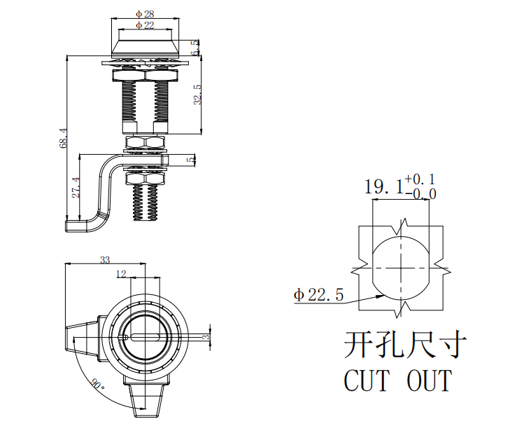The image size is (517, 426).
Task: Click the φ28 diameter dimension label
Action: [146, 14]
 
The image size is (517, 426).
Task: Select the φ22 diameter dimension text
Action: [146, 25]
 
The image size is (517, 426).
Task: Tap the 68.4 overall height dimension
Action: [64, 138]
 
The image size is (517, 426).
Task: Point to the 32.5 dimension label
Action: [198, 95]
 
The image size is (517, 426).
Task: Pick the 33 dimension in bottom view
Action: [105, 260]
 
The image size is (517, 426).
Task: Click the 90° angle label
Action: [97, 385]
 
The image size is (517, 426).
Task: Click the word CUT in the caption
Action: [366, 381]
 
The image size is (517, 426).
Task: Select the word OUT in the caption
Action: [429, 381]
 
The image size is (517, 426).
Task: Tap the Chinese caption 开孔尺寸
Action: [405, 345]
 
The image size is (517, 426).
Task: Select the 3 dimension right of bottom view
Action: [206, 338]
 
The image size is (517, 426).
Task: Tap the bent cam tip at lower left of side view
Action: [75, 224]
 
